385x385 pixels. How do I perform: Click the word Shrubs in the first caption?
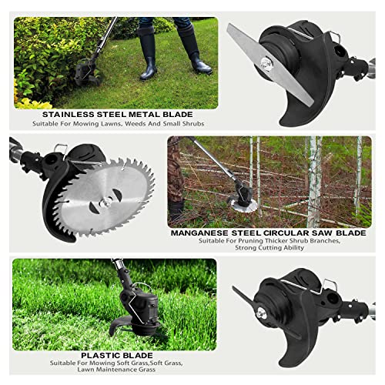[193, 124]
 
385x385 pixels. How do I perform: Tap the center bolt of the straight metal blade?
[266, 64]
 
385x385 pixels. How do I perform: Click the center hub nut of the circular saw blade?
[105, 203]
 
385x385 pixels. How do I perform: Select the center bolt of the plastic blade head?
[261, 313]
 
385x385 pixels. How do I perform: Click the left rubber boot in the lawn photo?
[148, 53]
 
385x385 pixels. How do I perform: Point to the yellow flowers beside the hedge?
[33, 102]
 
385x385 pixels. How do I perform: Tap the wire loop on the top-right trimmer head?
[333, 36]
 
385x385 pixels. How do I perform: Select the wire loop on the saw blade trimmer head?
[61, 149]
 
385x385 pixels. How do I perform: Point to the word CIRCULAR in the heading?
[286, 233]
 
